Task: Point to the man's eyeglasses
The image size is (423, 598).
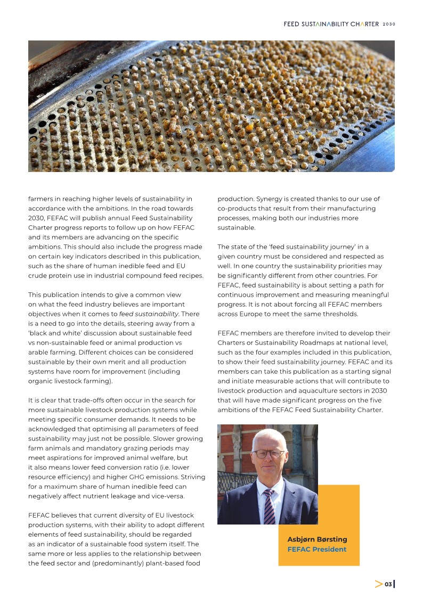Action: tap(268, 454)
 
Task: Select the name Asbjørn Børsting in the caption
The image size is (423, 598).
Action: tap(317, 539)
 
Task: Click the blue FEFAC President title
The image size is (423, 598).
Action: tap(317, 549)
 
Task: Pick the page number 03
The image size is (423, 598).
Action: tap(388, 584)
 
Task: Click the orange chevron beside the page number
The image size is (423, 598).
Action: tap(378, 584)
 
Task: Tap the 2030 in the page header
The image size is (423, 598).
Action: tap(389, 24)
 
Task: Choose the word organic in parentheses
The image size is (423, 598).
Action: tap(39, 381)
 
